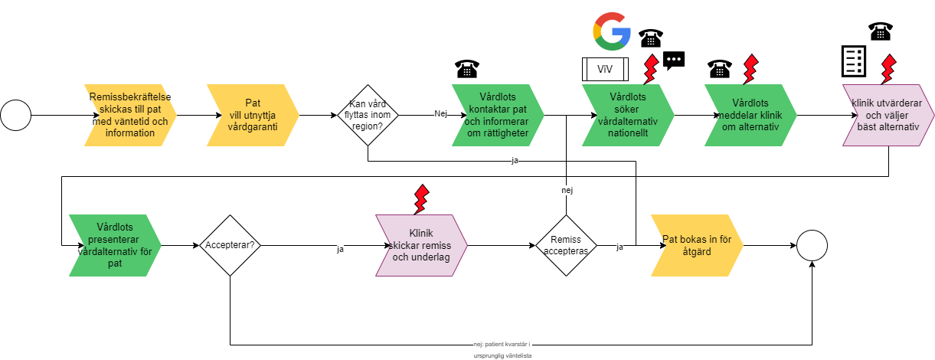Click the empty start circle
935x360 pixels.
tap(15, 116)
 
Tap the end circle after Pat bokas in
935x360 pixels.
tap(812, 246)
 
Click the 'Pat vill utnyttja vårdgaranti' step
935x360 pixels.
tap(253, 116)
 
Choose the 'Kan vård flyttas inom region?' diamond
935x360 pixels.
tap(368, 116)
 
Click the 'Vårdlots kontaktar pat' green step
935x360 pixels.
tap(498, 116)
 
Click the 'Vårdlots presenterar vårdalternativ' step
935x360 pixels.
tap(115, 246)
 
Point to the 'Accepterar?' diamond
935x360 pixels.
tap(230, 246)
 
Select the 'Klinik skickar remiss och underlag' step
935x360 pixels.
tap(421, 246)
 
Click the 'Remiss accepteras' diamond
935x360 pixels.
tap(567, 246)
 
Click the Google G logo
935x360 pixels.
tap(611, 31)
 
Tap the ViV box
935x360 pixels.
tap(605, 70)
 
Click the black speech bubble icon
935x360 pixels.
tap(674, 60)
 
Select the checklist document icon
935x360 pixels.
tap(853, 61)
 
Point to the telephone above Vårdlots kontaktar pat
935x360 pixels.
tap(466, 69)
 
